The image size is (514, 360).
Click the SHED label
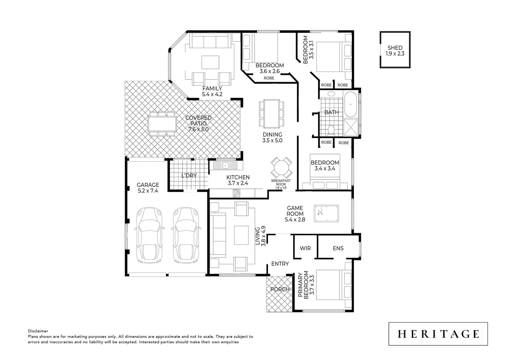[x=395, y=48]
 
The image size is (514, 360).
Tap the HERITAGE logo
[x=438, y=334]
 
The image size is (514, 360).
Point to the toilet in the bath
[x=331, y=129]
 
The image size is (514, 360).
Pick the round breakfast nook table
[x=281, y=168]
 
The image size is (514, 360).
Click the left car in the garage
[x=150, y=235]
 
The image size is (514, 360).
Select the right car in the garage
[x=186, y=235]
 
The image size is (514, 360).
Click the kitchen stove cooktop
[x=236, y=193]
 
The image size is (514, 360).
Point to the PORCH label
[x=280, y=289]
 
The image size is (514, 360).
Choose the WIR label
[x=305, y=248]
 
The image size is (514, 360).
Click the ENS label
[x=338, y=248]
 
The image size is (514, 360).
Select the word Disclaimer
[x=38, y=331]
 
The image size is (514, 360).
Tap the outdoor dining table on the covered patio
[x=162, y=124]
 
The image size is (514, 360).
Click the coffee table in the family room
[x=210, y=62]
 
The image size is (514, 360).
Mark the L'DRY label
[x=189, y=176]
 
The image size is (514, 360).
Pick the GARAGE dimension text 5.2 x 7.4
[x=148, y=191]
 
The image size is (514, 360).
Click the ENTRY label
[x=280, y=264]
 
